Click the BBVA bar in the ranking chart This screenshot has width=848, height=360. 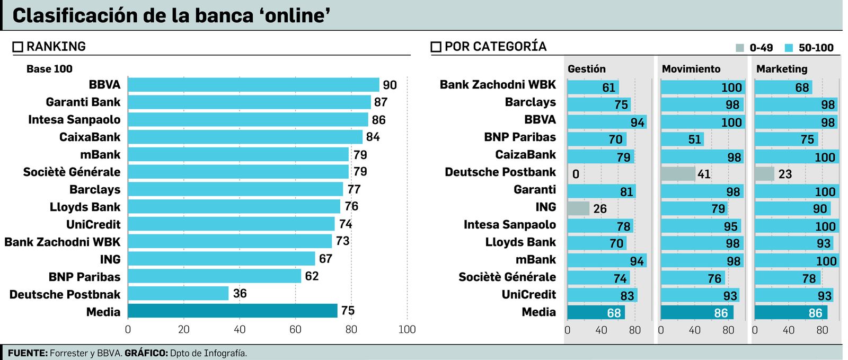point(253,85)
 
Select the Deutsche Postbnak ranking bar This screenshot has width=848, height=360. point(178,294)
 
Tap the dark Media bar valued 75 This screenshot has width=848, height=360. point(233,311)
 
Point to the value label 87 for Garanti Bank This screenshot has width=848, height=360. point(381,102)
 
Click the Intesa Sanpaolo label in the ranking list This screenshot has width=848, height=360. point(74,120)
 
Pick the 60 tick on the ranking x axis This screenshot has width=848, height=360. point(295,329)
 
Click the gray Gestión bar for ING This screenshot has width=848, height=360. point(578,208)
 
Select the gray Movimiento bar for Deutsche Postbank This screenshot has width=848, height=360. point(678,174)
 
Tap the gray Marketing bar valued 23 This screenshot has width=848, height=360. point(764,174)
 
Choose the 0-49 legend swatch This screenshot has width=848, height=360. point(740,48)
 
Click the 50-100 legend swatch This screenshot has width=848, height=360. point(789,48)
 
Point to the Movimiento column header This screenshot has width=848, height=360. point(691,69)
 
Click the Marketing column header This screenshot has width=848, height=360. point(782,69)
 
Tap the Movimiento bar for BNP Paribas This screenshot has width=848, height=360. point(682,139)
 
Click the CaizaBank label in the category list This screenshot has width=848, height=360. point(525,155)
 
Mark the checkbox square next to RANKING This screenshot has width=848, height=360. point(18,47)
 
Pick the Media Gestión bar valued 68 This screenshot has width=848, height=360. point(596,313)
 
